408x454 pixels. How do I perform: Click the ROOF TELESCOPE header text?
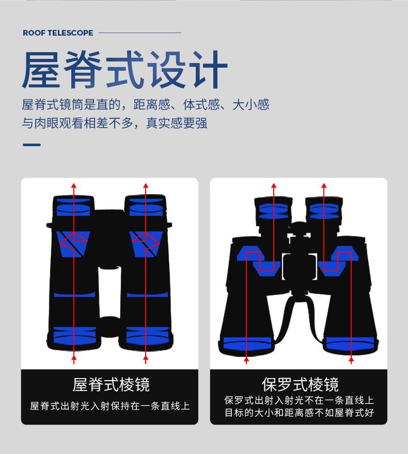58,33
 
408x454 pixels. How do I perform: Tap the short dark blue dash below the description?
32,145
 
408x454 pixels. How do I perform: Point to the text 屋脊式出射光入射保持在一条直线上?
110,406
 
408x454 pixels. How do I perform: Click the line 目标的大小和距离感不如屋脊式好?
299,413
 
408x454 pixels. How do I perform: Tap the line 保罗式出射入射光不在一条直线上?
299,400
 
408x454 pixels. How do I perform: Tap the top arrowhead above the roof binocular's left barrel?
74,186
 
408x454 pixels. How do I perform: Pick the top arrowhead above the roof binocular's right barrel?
146,186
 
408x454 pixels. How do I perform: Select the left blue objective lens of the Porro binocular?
247,342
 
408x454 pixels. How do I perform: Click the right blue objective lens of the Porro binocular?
351,342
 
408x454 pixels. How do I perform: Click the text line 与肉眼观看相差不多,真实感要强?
114,124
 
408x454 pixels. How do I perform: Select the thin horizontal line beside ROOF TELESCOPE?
139,33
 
